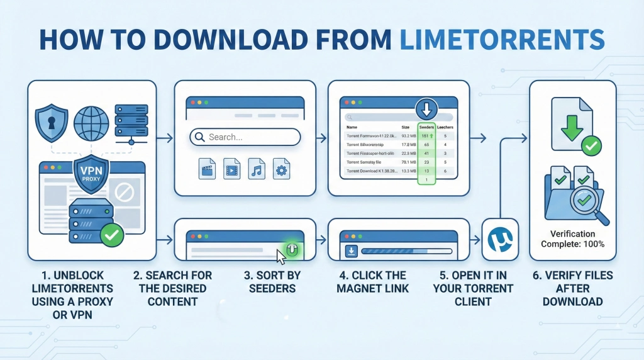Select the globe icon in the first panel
click(x=91, y=121)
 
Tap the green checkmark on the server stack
click(x=112, y=236)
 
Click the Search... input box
click(x=245, y=137)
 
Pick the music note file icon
click(x=256, y=168)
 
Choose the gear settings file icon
click(x=281, y=168)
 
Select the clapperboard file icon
click(x=207, y=168)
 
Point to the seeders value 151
click(x=426, y=135)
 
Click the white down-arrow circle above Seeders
click(x=426, y=110)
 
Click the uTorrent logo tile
click(x=499, y=239)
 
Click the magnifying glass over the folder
click(x=592, y=203)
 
